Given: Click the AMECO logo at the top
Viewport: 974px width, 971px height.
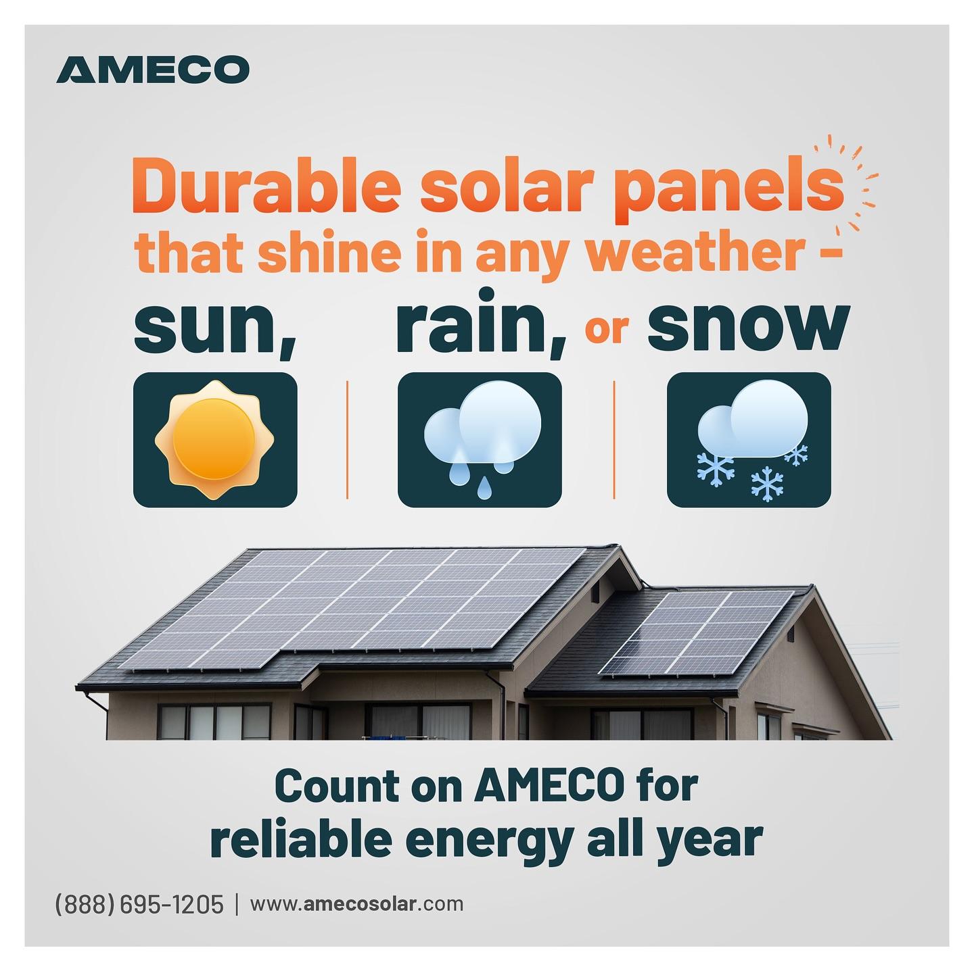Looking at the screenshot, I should tap(153, 70).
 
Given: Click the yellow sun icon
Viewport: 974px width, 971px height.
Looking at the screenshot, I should tap(214, 439).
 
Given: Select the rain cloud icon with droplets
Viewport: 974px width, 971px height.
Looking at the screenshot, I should tap(480, 439).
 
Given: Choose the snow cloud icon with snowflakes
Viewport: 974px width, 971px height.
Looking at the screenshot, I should tap(749, 439).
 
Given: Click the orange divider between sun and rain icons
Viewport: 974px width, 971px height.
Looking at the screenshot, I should tap(347, 439).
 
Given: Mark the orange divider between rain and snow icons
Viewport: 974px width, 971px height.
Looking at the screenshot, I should tap(614, 439).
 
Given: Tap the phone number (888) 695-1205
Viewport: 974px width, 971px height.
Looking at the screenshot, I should tap(139, 904).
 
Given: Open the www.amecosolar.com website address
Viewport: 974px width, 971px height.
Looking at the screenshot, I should tap(356, 904).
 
